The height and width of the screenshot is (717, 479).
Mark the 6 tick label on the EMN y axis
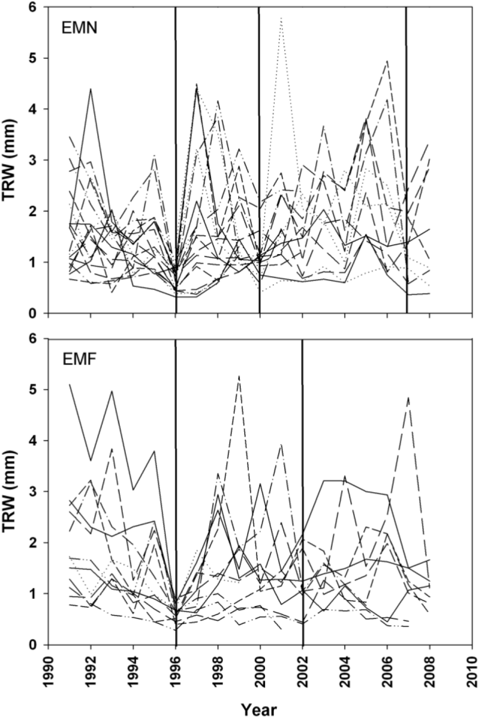pyautogui.click(x=38, y=7)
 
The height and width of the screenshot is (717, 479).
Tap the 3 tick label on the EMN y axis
pyautogui.click(x=38, y=160)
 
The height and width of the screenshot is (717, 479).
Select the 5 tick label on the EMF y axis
pyautogui.click(x=38, y=389)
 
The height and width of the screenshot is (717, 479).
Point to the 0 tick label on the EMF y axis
pyautogui.click(x=38, y=644)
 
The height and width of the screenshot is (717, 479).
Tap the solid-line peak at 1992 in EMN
pyautogui.click(x=91, y=89)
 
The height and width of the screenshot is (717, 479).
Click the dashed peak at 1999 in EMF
pyautogui.click(x=239, y=376)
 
